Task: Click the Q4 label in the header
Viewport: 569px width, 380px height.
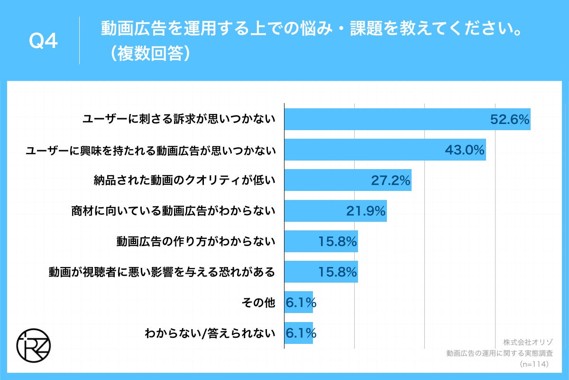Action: (x=44, y=42)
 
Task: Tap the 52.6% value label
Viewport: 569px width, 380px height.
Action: (x=510, y=120)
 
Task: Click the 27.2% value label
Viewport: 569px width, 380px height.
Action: (x=390, y=180)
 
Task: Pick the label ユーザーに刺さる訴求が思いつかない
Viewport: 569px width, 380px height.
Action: (x=179, y=119)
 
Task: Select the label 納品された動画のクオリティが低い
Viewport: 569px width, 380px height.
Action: (x=185, y=180)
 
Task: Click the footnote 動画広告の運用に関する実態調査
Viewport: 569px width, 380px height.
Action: (x=500, y=353)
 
